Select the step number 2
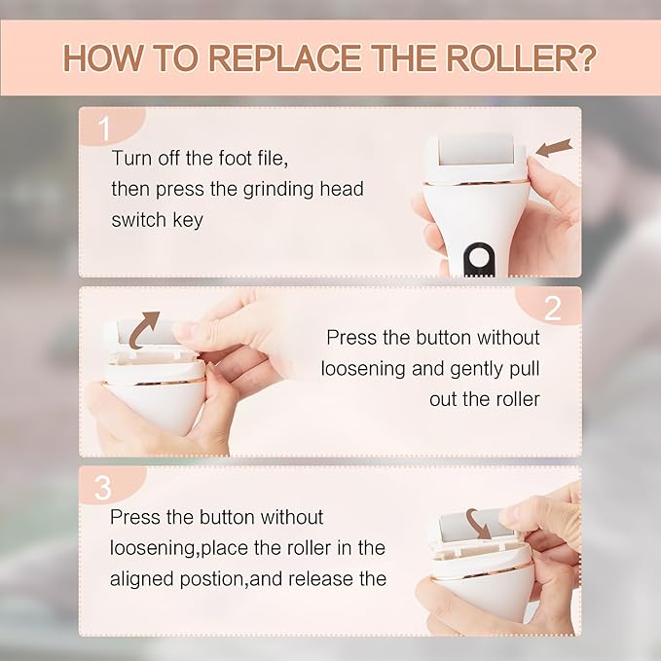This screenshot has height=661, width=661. pyautogui.click(x=552, y=308)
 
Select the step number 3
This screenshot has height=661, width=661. pyautogui.click(x=103, y=485)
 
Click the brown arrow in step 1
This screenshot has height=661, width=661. pyautogui.click(x=553, y=148)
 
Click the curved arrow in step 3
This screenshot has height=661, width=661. pyautogui.click(x=478, y=521)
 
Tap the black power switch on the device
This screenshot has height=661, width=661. pyautogui.click(x=477, y=258)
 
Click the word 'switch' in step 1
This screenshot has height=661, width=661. pyautogui.click(x=138, y=220)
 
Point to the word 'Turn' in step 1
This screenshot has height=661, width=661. pyautogui.click(x=131, y=158)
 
